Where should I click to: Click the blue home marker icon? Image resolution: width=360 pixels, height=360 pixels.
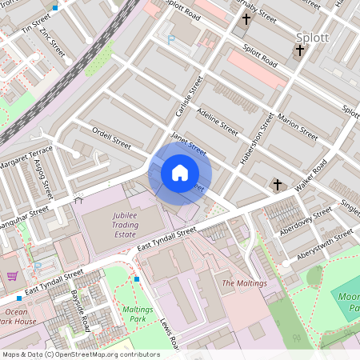point(180,172)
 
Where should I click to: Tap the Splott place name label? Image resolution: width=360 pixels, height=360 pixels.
point(312,37)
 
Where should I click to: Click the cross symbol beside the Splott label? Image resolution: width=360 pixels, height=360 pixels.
point(300,51)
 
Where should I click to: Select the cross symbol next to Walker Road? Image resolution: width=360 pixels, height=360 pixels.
point(278,185)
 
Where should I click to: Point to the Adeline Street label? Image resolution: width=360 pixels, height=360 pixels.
point(217,119)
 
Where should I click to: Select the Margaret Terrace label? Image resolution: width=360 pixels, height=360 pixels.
point(26,158)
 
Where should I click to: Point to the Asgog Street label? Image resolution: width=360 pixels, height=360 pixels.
point(42,177)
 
